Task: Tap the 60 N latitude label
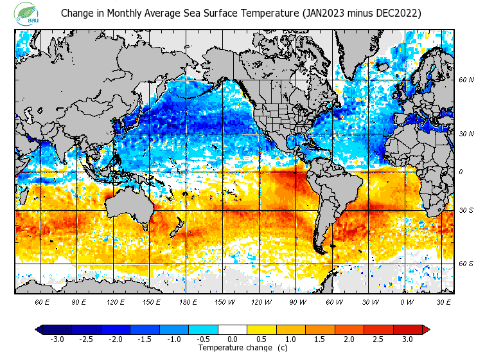pyautogui.click(x=466, y=80)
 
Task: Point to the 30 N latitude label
pyautogui.click(x=466, y=134)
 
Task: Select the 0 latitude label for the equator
pyautogui.click(x=460, y=172)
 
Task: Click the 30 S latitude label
pyautogui.click(x=466, y=211)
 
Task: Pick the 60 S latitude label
pyautogui.click(x=466, y=264)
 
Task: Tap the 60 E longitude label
pyautogui.click(x=42, y=301)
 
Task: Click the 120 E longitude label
pyautogui.click(x=116, y=301)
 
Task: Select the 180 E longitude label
pyautogui.click(x=188, y=301)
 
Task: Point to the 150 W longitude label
pyautogui.click(x=224, y=301)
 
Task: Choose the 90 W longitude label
pyautogui.click(x=297, y=301)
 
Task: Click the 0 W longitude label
pyautogui.click(x=407, y=301)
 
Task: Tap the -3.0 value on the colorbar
pyautogui.click(x=57, y=339)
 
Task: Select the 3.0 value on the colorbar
pyautogui.click(x=407, y=339)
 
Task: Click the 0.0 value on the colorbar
pyautogui.click(x=233, y=339)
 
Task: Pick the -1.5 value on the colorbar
pyautogui.click(x=145, y=339)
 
